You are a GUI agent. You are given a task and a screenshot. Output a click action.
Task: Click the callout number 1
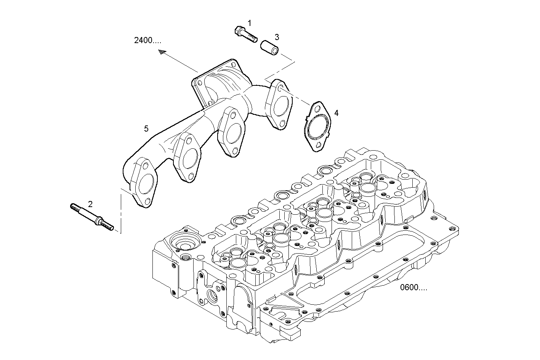[250, 23]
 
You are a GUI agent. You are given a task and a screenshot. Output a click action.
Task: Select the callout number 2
[90, 204]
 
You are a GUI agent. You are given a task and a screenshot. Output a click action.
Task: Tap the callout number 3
[277, 37]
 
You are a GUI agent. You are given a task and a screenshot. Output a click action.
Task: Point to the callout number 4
[336, 113]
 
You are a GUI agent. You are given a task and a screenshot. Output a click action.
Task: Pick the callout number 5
[146, 129]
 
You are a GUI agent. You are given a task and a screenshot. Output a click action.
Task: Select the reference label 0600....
[413, 288]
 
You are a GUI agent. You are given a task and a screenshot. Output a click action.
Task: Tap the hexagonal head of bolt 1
[239, 30]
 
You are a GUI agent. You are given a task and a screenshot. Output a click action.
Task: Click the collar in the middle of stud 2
[100, 221]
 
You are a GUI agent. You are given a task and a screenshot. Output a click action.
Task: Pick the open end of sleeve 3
[274, 50]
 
